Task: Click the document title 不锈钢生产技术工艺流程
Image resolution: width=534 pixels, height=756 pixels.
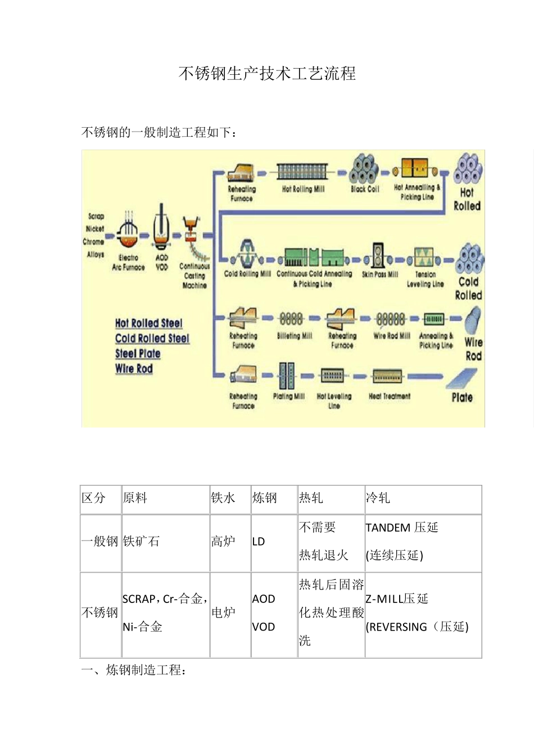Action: (267, 74)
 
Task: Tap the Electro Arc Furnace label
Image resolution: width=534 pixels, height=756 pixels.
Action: (128, 263)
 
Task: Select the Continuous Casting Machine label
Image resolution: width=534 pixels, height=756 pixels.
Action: (194, 276)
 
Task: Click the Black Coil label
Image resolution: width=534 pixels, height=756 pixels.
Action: (365, 189)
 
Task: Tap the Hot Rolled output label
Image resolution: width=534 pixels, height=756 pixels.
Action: (467, 199)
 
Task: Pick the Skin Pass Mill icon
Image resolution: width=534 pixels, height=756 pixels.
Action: (379, 256)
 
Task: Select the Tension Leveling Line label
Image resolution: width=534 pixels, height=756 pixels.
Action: (426, 279)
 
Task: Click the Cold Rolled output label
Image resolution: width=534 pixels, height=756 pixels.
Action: (468, 288)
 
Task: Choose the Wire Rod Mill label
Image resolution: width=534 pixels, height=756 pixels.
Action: (392, 336)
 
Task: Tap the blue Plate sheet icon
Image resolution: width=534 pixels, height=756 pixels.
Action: (462, 379)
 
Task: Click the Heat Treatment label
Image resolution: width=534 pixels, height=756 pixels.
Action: (390, 396)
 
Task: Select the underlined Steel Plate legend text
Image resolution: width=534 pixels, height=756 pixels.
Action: (138, 354)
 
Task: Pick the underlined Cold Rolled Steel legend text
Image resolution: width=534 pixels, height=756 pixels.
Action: (152, 339)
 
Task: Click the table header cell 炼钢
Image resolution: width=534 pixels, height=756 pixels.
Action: (265, 498)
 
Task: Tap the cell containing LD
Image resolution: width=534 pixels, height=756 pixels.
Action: (259, 542)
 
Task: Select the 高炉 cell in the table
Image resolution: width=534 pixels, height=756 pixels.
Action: (223, 542)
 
